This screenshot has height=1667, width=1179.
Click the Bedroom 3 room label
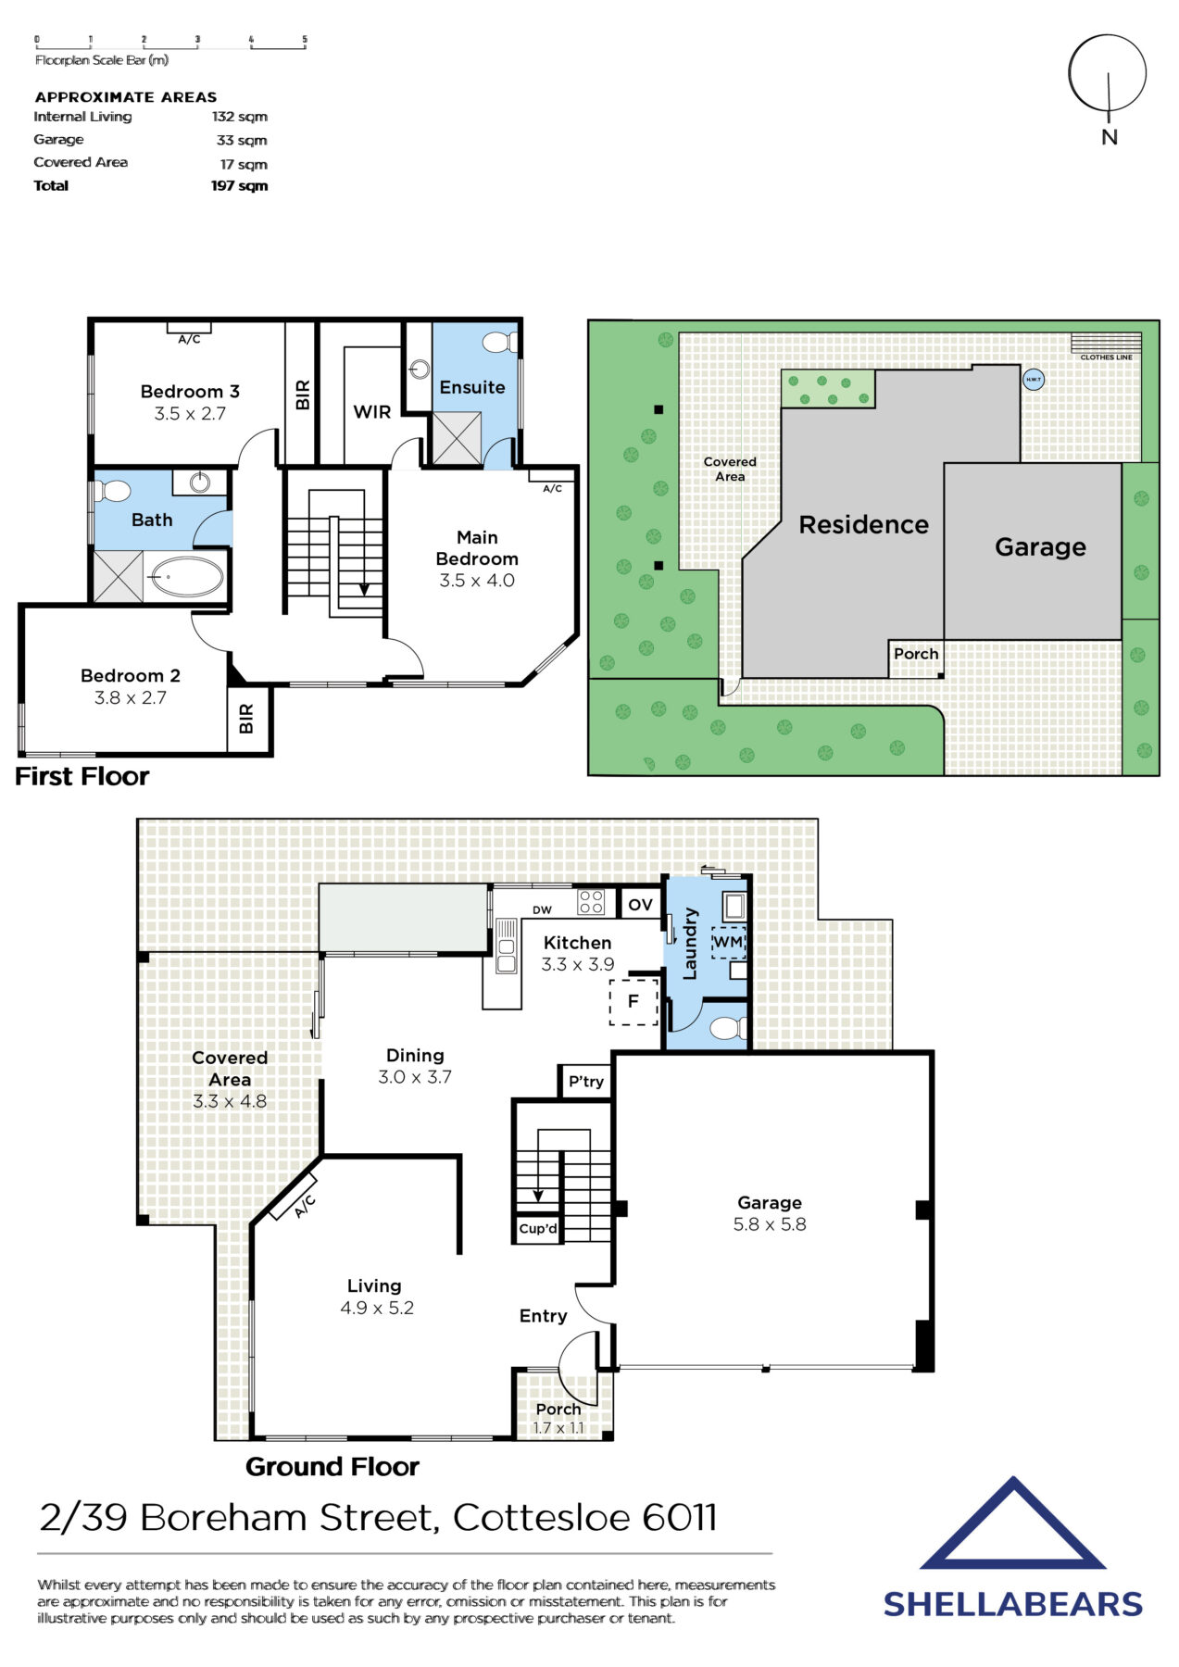pos(190,392)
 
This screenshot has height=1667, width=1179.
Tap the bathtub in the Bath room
pos(187,577)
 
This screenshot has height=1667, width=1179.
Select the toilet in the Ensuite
pos(501,343)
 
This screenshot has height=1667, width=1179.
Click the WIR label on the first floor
pos(372,412)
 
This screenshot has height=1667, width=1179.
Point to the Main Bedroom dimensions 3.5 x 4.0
pos(477,581)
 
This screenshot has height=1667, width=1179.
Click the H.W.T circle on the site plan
pos(1033,379)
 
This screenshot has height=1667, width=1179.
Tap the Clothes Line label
pos(1106,357)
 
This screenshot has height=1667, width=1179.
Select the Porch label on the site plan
pos(916,654)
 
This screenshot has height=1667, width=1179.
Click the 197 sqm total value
pos(239,186)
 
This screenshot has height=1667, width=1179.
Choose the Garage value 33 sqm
pos(241,141)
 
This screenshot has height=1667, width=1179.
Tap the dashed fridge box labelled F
pos(633,1001)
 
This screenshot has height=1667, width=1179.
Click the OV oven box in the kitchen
pos(640,905)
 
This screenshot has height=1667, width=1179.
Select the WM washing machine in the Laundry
pos(728,942)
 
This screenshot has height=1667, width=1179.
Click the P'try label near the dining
pos(586,1082)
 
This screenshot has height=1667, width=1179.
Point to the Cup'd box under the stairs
pos(538,1229)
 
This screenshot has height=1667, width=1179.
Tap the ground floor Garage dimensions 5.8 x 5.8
pos(770,1224)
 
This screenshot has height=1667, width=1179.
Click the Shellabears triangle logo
pos(1013,1527)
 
